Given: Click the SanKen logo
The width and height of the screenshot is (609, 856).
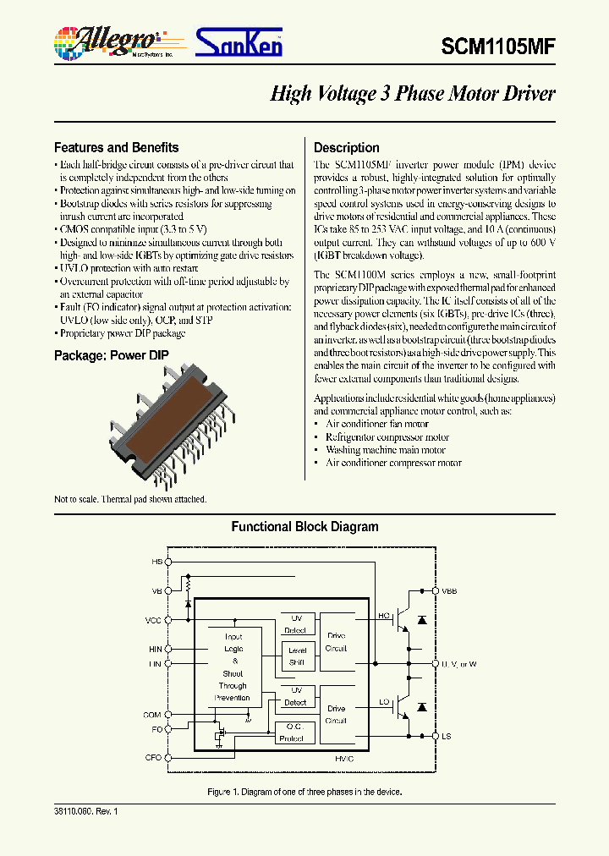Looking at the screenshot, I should pyautogui.click(x=239, y=42).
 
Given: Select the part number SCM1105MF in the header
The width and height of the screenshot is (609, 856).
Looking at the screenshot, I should pyautogui.click(x=498, y=47).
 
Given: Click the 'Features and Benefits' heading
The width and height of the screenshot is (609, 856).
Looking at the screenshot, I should pyautogui.click(x=116, y=147).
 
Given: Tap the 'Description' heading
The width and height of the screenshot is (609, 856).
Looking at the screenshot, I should pyautogui.click(x=347, y=147).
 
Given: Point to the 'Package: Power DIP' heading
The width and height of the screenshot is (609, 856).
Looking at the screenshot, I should pyautogui.click(x=111, y=355).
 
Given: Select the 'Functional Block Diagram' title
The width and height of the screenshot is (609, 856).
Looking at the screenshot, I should pyautogui.click(x=304, y=527).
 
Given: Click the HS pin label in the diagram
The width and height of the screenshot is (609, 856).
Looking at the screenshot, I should pyautogui.click(x=156, y=562).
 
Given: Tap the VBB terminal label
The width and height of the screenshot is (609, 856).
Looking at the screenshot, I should pyautogui.click(x=448, y=590).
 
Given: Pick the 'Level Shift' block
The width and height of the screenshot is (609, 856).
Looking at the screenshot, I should pyautogui.click(x=297, y=656).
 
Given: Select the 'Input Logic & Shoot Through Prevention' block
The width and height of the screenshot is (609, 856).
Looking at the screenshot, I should pyautogui.click(x=233, y=667).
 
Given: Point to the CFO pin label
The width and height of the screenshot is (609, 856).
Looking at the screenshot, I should pyautogui.click(x=153, y=758).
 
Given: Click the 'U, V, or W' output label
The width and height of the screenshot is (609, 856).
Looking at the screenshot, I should pyautogui.click(x=458, y=664).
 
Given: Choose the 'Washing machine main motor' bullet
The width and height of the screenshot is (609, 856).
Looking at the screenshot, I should pyautogui.click(x=385, y=450).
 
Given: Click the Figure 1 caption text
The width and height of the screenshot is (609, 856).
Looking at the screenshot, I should pyautogui.click(x=304, y=792).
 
